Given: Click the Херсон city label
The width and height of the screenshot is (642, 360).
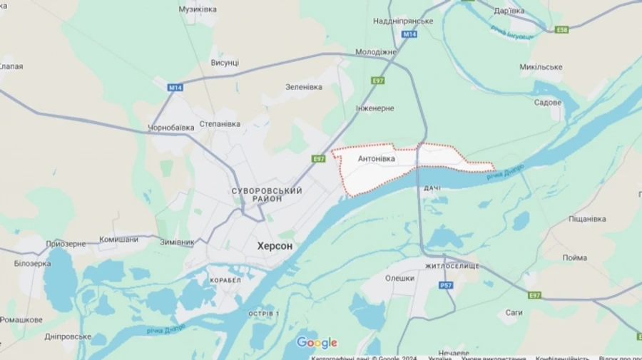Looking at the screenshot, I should tap(274, 245).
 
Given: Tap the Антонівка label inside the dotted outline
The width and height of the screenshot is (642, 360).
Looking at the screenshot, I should tap(376, 159).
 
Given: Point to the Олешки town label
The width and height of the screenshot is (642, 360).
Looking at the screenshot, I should tap(399, 278).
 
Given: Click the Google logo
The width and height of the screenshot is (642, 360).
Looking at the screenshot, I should tap(317, 343).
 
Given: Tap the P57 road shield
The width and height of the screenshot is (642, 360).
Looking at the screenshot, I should tap(446, 285).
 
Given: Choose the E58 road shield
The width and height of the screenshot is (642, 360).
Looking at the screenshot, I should tap(562, 29).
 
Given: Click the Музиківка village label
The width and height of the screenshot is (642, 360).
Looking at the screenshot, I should tap(198, 9).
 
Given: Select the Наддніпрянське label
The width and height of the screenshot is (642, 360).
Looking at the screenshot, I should tap(403, 21).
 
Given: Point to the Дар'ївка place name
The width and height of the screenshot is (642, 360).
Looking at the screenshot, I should tap(509, 11).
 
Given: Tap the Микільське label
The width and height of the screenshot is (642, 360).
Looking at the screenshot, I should tap(541, 67).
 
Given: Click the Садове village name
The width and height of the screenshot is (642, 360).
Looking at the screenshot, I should tap(548, 102).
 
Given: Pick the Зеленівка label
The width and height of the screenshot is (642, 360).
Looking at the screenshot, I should tap(304, 87).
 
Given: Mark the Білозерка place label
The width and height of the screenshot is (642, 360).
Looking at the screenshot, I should tap(32, 263).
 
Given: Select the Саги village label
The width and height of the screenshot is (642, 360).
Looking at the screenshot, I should tap(514, 312).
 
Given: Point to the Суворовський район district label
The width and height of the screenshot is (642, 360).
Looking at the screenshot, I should tap(267, 195).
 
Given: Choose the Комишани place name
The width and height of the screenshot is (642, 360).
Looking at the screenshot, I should tap(118, 240).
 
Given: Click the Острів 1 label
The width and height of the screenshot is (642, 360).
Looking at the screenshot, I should tap(263, 314).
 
